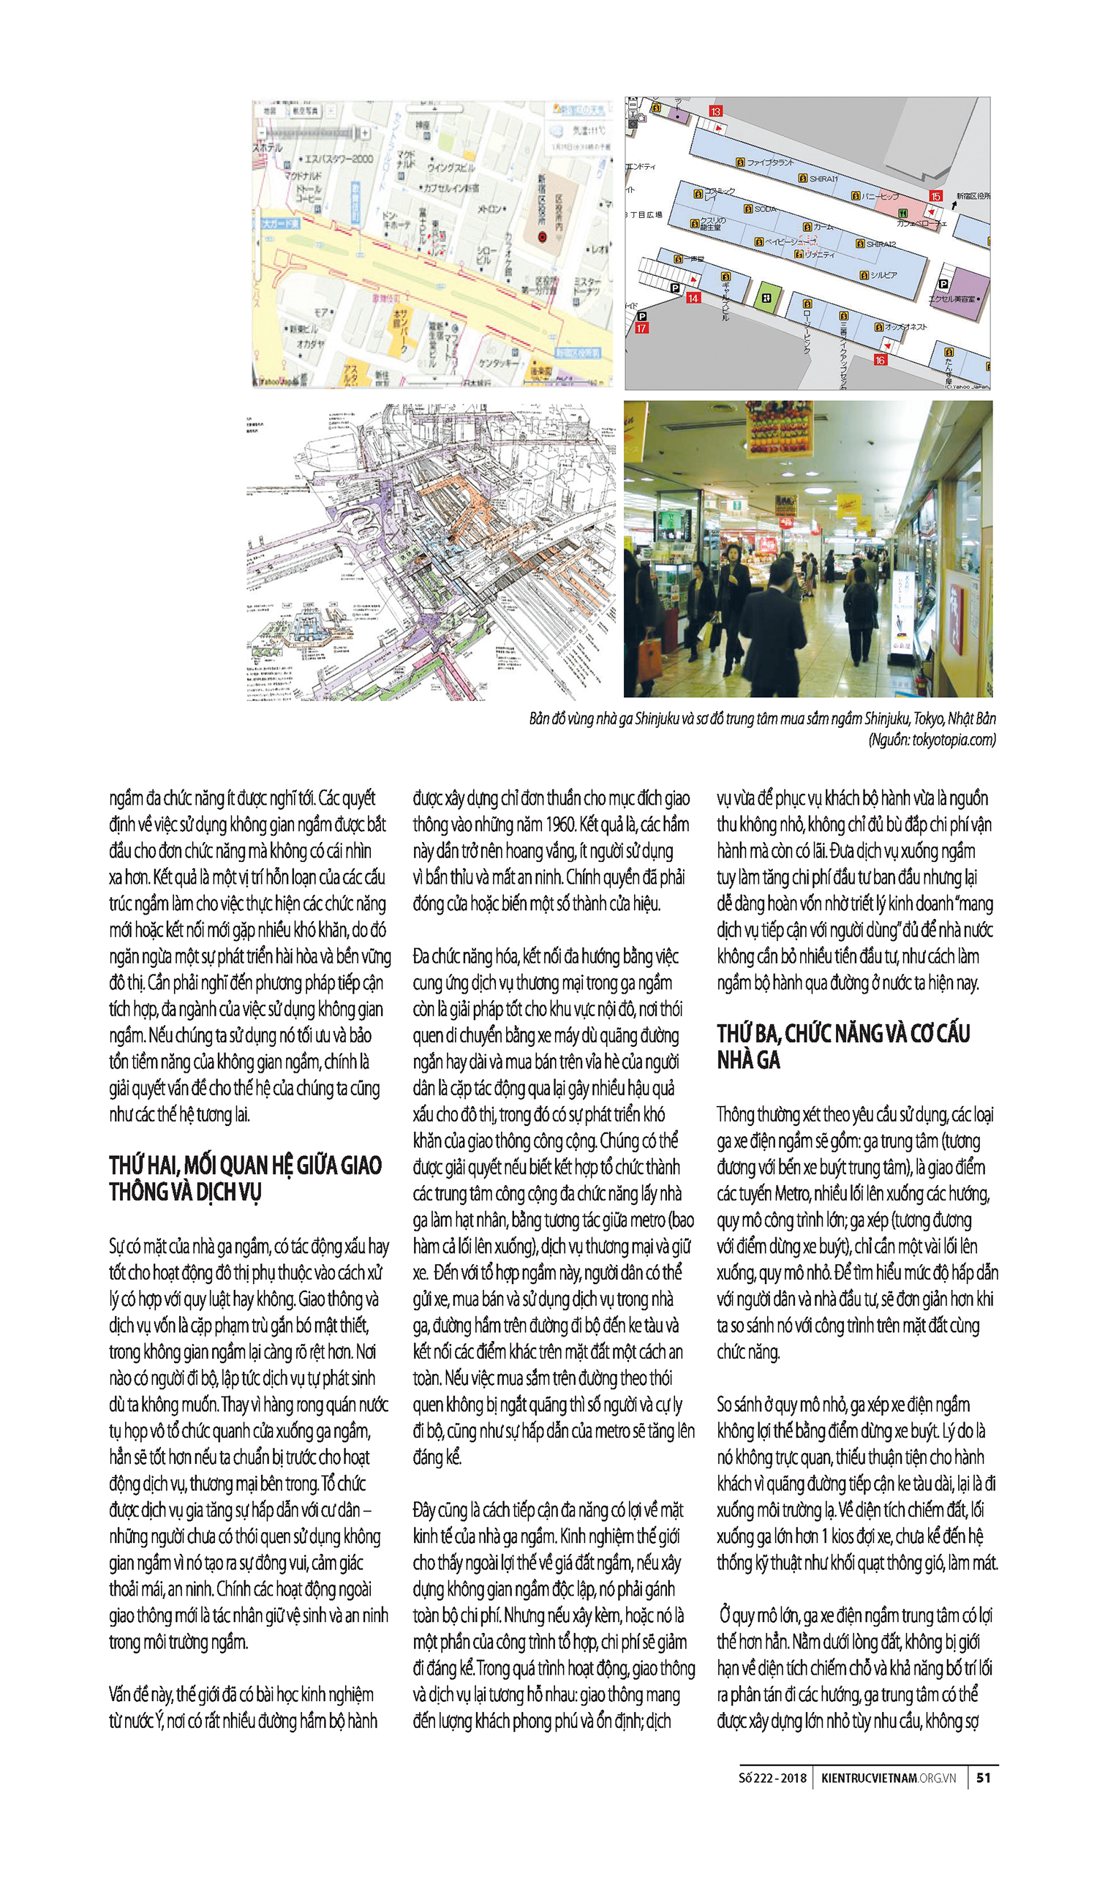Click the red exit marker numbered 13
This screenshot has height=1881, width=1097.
pyautogui.click(x=715, y=111)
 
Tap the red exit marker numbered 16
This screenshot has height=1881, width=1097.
pyautogui.click(x=880, y=360)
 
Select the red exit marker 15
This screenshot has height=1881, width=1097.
pyautogui.click(x=935, y=195)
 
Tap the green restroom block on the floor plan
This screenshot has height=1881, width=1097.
pyautogui.click(x=767, y=297)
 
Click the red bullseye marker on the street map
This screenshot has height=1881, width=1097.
pyautogui.click(x=543, y=236)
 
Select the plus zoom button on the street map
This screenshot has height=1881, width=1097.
pyautogui.click(x=366, y=133)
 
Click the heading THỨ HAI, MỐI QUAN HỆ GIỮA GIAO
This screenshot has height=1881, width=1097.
pyautogui.click(x=246, y=1165)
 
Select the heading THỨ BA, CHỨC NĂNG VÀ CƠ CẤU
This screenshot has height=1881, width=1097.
pyautogui.click(x=843, y=1033)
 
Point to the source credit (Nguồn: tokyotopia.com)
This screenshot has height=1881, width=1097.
pyautogui.click(x=931, y=740)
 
